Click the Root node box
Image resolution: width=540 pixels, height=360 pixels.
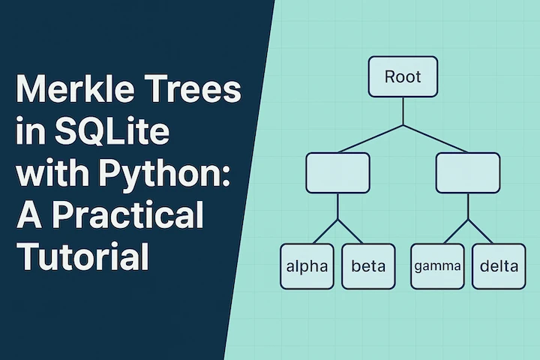pos(403,77)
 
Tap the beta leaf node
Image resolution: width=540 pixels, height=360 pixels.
pos(368,266)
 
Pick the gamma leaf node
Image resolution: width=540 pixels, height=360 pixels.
pos(436,266)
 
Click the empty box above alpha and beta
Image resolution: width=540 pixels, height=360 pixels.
pos(337,172)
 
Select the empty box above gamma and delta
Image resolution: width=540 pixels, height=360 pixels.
pos(468,172)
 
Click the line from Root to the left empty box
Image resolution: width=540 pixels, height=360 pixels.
pos(367,139)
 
